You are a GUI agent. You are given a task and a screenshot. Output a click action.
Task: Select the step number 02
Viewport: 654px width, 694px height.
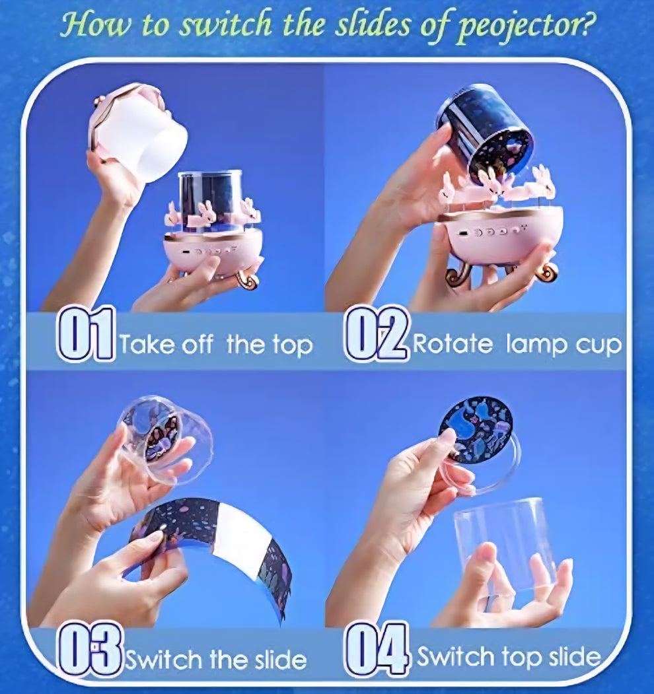point(376,333)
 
